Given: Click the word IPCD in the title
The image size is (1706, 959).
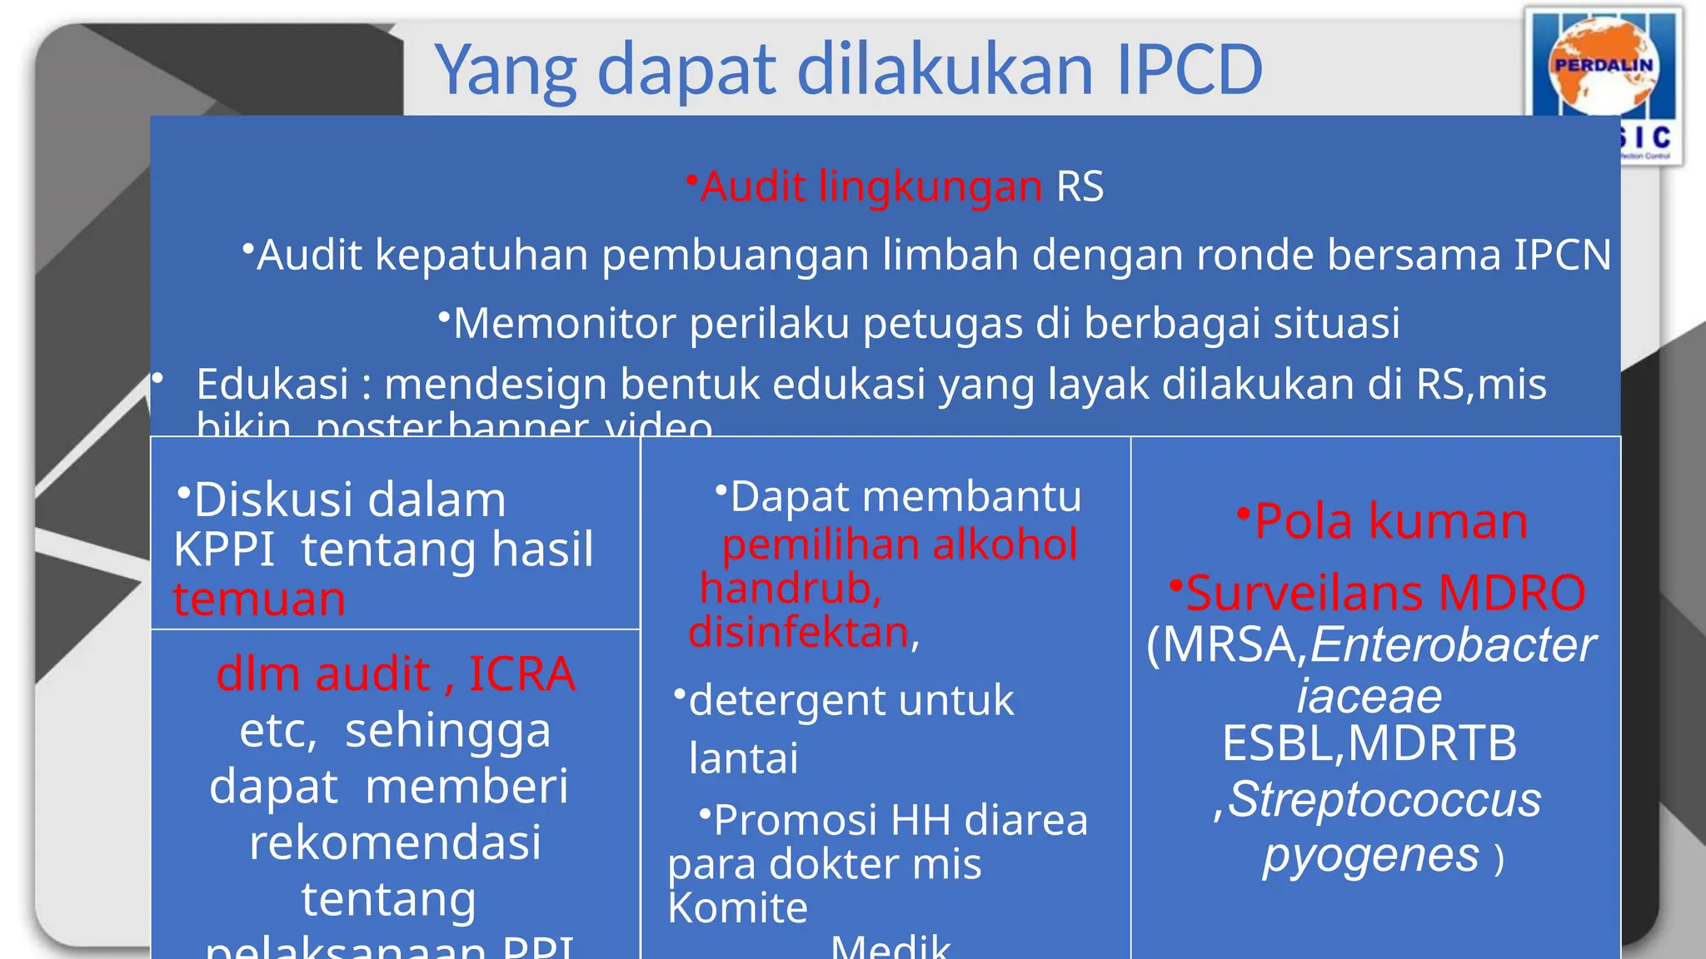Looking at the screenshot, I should coord(1189,70).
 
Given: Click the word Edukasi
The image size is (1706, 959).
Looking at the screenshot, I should coord(272,385).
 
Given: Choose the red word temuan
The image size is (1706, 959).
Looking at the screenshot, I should coord(259,599).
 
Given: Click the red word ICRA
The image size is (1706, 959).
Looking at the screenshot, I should coord(521,673).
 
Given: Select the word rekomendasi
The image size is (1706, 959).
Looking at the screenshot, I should coord(395,842).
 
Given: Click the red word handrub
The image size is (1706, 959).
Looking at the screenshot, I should coord(790,589).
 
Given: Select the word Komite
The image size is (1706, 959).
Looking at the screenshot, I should coord(737,907).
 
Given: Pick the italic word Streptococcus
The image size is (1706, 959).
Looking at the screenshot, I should coord(1384,800).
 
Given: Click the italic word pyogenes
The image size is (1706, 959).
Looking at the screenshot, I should coord(1370,856).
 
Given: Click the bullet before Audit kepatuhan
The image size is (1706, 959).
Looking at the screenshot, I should coord(247,248).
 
